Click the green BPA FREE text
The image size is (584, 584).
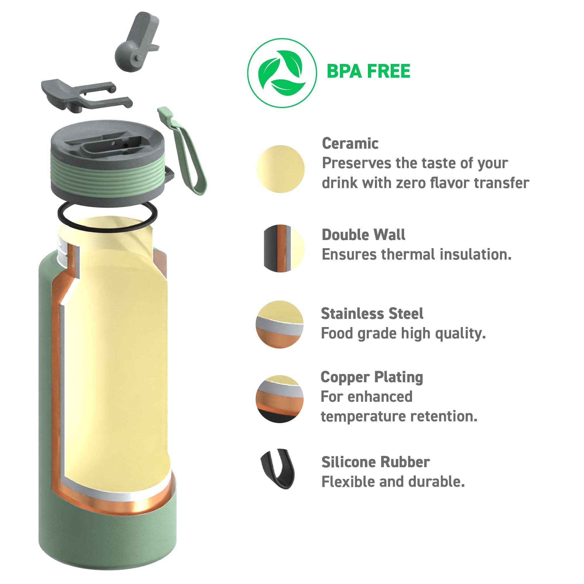tap(368, 71)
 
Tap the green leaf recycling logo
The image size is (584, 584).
tap(282, 73)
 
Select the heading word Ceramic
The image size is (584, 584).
tap(350, 143)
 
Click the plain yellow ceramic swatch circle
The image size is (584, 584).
tap(281, 169)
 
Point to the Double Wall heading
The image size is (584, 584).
tap(363, 234)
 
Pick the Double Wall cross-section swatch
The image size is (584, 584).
tap(284, 248)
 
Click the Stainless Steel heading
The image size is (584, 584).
tap(372, 313)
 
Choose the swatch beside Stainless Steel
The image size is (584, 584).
tap(280, 324)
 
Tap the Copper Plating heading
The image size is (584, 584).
tap(372, 377)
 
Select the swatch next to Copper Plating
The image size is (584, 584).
tap(280, 399)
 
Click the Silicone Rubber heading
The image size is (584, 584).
tap(376, 462)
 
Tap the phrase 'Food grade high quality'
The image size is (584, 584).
tap(403, 333)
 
